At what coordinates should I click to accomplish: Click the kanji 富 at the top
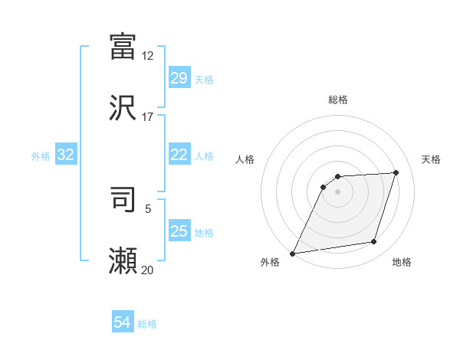123,45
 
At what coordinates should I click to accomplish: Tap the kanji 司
123,198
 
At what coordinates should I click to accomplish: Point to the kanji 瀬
123,260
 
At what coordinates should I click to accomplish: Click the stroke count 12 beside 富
147,56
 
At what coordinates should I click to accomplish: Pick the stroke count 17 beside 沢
147,117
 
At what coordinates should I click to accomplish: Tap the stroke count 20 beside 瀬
147,270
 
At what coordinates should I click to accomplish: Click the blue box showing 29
179,78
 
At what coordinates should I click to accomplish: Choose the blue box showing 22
179,155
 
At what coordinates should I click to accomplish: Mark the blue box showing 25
179,231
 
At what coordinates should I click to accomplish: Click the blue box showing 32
66,155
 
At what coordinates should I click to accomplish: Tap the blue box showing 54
123,323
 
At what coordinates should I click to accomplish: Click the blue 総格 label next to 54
147,324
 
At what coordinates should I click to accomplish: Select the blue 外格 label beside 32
41,155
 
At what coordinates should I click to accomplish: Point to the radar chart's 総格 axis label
338,100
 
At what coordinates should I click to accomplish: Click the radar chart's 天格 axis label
431,159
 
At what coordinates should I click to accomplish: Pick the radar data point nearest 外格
293,254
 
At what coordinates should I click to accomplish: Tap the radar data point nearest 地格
374,242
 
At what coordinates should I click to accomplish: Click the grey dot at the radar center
338,191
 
